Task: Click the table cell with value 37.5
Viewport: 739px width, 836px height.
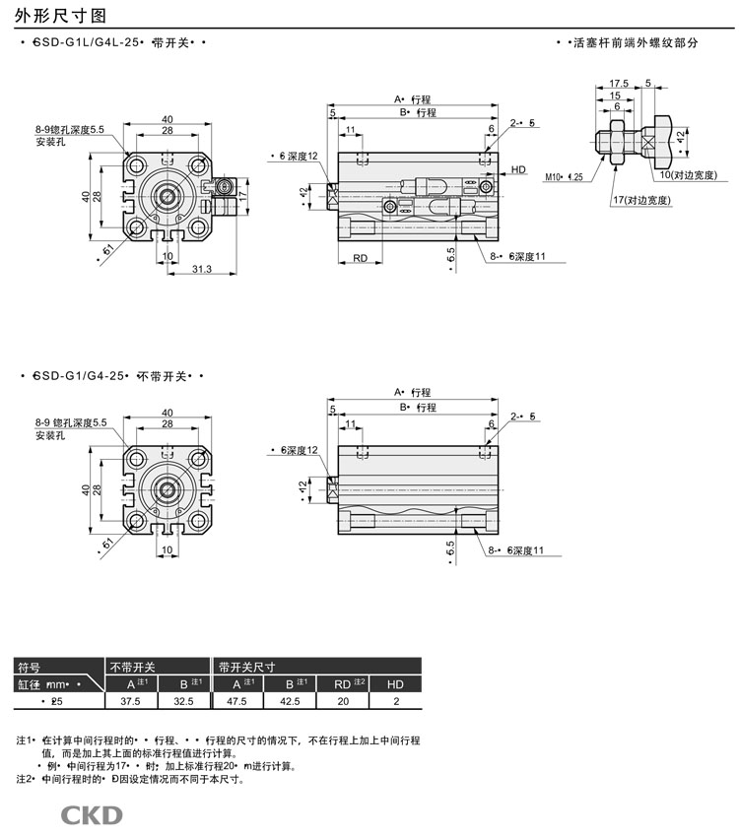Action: coord(130,701)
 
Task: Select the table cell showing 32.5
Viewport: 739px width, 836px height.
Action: coord(183,701)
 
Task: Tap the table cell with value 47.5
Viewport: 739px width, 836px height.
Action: coord(236,701)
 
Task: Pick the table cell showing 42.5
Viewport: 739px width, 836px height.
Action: coord(290,701)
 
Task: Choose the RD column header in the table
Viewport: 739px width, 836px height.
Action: coord(343,683)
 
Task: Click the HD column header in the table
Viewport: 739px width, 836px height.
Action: coord(395,683)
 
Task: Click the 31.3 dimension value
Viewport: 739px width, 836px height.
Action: coord(202,269)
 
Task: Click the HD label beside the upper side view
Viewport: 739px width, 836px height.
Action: coord(518,170)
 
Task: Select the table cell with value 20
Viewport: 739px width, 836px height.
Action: coord(343,701)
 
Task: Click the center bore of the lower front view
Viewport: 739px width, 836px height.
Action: coord(167,489)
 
